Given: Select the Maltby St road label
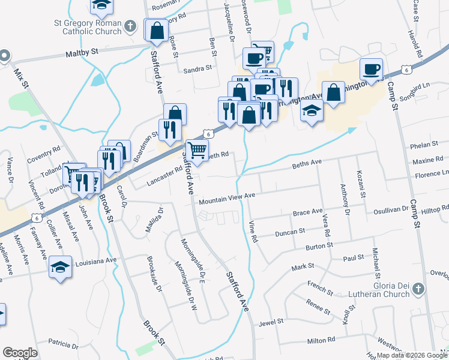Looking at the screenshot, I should point(82,53).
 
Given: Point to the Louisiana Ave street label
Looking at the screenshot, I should point(95,260).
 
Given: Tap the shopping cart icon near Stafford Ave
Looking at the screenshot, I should point(196,149).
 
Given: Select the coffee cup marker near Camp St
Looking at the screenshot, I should point(372,68).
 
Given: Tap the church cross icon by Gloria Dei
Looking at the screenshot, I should point(419,290).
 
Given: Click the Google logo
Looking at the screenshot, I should point(20,353).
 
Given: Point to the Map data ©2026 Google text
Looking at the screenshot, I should point(412,355).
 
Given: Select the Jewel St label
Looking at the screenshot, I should point(271,323).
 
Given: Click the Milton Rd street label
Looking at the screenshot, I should point(320,340).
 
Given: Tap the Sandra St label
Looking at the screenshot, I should point(198,68).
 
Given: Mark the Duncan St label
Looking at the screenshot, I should point(290,231).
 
